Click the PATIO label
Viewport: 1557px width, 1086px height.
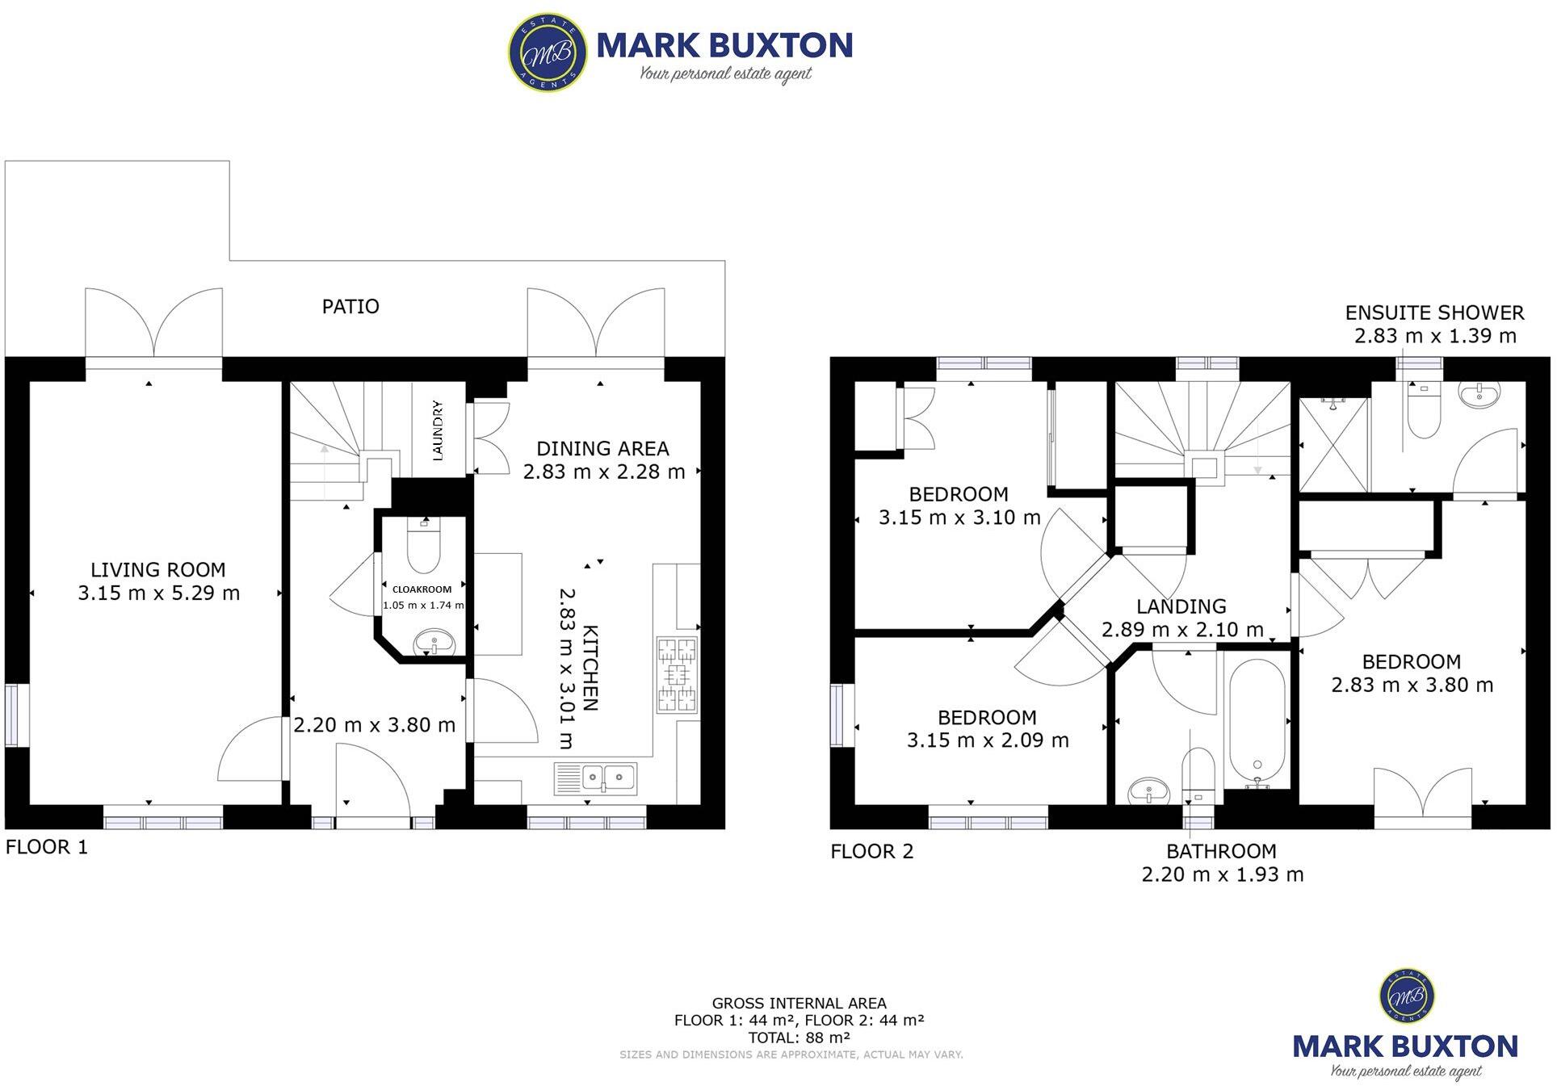pos(350,307)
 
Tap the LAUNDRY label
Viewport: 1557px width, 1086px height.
pos(438,430)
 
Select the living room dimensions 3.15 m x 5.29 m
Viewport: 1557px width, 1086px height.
pos(159,593)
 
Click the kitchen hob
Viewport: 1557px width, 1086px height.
pos(677,674)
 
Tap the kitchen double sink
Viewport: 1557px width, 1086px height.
pos(596,778)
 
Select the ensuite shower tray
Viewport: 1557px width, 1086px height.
pos(1333,446)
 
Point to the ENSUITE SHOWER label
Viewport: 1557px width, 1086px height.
pos(1434,313)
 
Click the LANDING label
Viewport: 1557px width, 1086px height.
pos(1181,606)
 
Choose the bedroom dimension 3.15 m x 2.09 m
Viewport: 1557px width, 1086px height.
pos(988,740)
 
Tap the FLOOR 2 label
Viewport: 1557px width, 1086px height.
pos(872,852)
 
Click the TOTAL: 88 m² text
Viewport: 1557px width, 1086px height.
pos(799,1038)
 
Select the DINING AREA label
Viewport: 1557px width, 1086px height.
pos(602,449)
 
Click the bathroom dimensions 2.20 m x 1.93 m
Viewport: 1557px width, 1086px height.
pos(1222,874)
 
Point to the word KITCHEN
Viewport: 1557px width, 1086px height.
pos(590,668)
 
